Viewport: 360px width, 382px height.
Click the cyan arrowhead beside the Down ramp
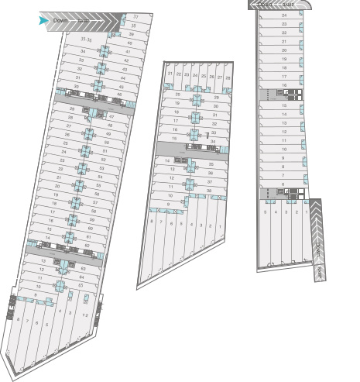click(x=43, y=20)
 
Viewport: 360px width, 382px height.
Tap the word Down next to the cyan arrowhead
click(x=60, y=20)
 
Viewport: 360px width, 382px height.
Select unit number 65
click(x=81, y=285)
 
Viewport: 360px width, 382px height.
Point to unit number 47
click(x=111, y=116)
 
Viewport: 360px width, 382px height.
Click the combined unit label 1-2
click(x=84, y=315)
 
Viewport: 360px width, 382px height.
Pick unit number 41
click(x=128, y=51)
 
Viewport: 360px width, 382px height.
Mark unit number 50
click(x=107, y=143)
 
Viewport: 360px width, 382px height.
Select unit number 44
click(x=124, y=78)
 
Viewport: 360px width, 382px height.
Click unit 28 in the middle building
click(x=228, y=78)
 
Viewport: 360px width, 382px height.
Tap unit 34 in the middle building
click(x=213, y=142)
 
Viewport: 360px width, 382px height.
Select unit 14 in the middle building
click(x=167, y=160)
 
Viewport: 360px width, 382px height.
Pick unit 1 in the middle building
click(x=220, y=225)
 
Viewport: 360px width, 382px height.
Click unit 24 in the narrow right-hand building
click(x=284, y=15)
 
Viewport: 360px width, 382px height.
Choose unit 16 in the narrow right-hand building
click(x=284, y=85)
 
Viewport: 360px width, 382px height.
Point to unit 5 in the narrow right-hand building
click(x=266, y=212)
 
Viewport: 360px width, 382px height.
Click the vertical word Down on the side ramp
click(x=318, y=249)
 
